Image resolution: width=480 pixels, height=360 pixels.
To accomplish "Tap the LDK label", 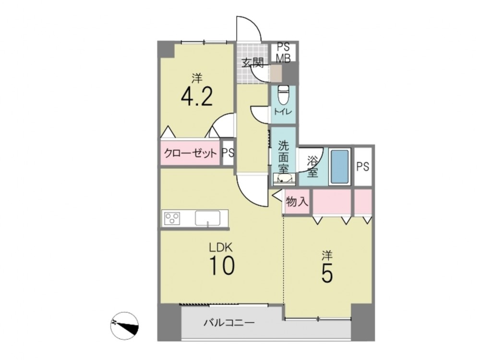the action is (221, 247).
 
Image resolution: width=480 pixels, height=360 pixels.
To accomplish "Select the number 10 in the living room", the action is (222, 265).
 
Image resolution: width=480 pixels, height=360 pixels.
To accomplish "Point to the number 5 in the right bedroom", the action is (327, 273).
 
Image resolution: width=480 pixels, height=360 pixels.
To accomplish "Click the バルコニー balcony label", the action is (229, 323).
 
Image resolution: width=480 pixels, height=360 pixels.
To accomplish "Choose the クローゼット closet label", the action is (191, 153).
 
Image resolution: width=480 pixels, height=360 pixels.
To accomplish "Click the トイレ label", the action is (283, 112).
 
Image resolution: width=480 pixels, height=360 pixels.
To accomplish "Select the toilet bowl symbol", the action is (282, 94).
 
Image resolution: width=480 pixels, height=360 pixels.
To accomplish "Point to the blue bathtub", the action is (340, 167).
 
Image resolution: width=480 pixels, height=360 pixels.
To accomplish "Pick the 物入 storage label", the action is (297, 202).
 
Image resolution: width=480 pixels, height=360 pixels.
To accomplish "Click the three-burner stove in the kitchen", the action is (172, 218).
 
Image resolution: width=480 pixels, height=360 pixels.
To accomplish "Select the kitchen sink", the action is (207, 218).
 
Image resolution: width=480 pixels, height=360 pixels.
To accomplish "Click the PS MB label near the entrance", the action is (283, 53).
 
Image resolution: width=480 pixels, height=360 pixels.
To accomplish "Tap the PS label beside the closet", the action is (228, 153).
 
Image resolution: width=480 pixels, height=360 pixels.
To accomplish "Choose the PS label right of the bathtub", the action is (363, 167).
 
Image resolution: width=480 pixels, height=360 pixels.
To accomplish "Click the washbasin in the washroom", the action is (284, 179).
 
